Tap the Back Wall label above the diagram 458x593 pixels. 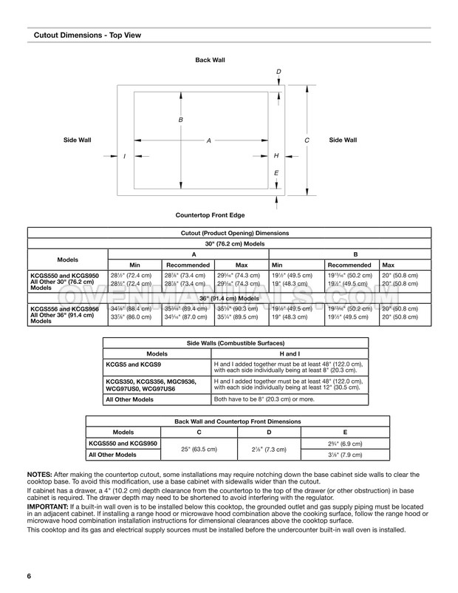208,59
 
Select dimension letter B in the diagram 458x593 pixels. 180,120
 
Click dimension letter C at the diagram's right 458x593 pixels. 306,140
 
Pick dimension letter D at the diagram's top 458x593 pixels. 278,71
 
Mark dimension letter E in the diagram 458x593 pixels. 276,173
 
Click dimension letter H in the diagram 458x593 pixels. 276,156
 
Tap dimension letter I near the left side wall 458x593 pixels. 125,156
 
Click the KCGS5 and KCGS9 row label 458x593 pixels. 130,365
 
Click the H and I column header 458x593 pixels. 288,354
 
